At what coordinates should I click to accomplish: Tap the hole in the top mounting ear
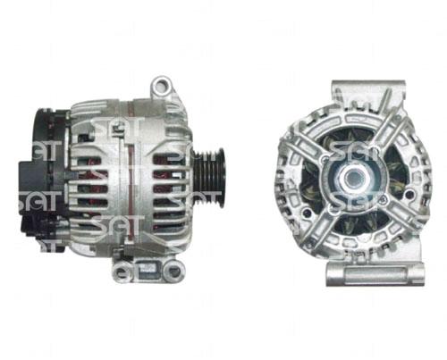[x=161, y=85]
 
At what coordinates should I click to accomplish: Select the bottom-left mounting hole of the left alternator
[x=122, y=272]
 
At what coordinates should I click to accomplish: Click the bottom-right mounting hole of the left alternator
[x=173, y=272]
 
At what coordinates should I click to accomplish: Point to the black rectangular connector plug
[x=34, y=178]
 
